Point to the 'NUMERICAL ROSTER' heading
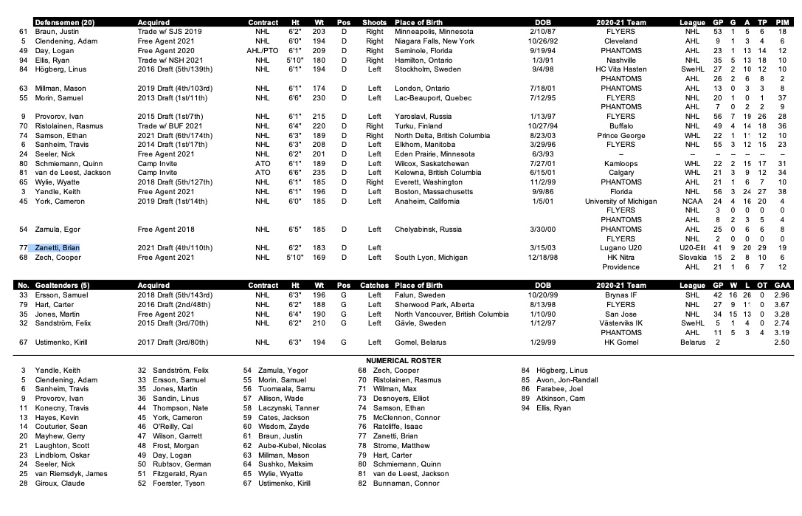coord(400,360)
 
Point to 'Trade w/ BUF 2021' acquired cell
coord(170,126)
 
